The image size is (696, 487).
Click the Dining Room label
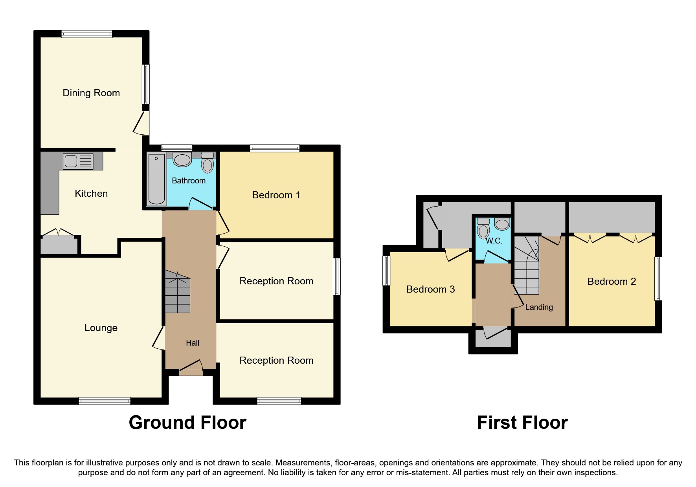pyautogui.click(x=91, y=93)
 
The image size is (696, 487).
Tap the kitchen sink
pyautogui.click(x=78, y=161)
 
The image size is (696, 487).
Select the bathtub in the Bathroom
pyautogui.click(x=156, y=179)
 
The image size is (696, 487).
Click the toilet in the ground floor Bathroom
pyautogui.click(x=208, y=163)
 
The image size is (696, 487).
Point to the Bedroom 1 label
pyautogui.click(x=276, y=195)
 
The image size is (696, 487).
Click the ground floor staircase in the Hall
pyautogui.click(x=177, y=293)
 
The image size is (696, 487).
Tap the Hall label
pyautogui.click(x=193, y=343)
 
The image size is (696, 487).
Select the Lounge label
pyautogui.click(x=101, y=328)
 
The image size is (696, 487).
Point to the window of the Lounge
pyautogui.click(x=105, y=401)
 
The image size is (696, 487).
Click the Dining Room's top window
pyautogui.click(x=87, y=34)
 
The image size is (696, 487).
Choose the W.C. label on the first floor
pyautogui.click(x=494, y=241)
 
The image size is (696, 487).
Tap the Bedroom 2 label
pyautogui.click(x=612, y=282)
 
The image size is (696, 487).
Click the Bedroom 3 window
pyautogui.click(x=386, y=271)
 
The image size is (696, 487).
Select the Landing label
pyautogui.click(x=539, y=308)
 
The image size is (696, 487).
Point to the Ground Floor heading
pyautogui.click(x=187, y=423)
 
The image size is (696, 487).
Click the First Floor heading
pyautogui.click(x=522, y=423)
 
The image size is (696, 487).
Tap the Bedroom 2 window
pyautogui.click(x=658, y=279)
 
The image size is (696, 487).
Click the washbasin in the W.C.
pyautogui.click(x=502, y=225)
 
